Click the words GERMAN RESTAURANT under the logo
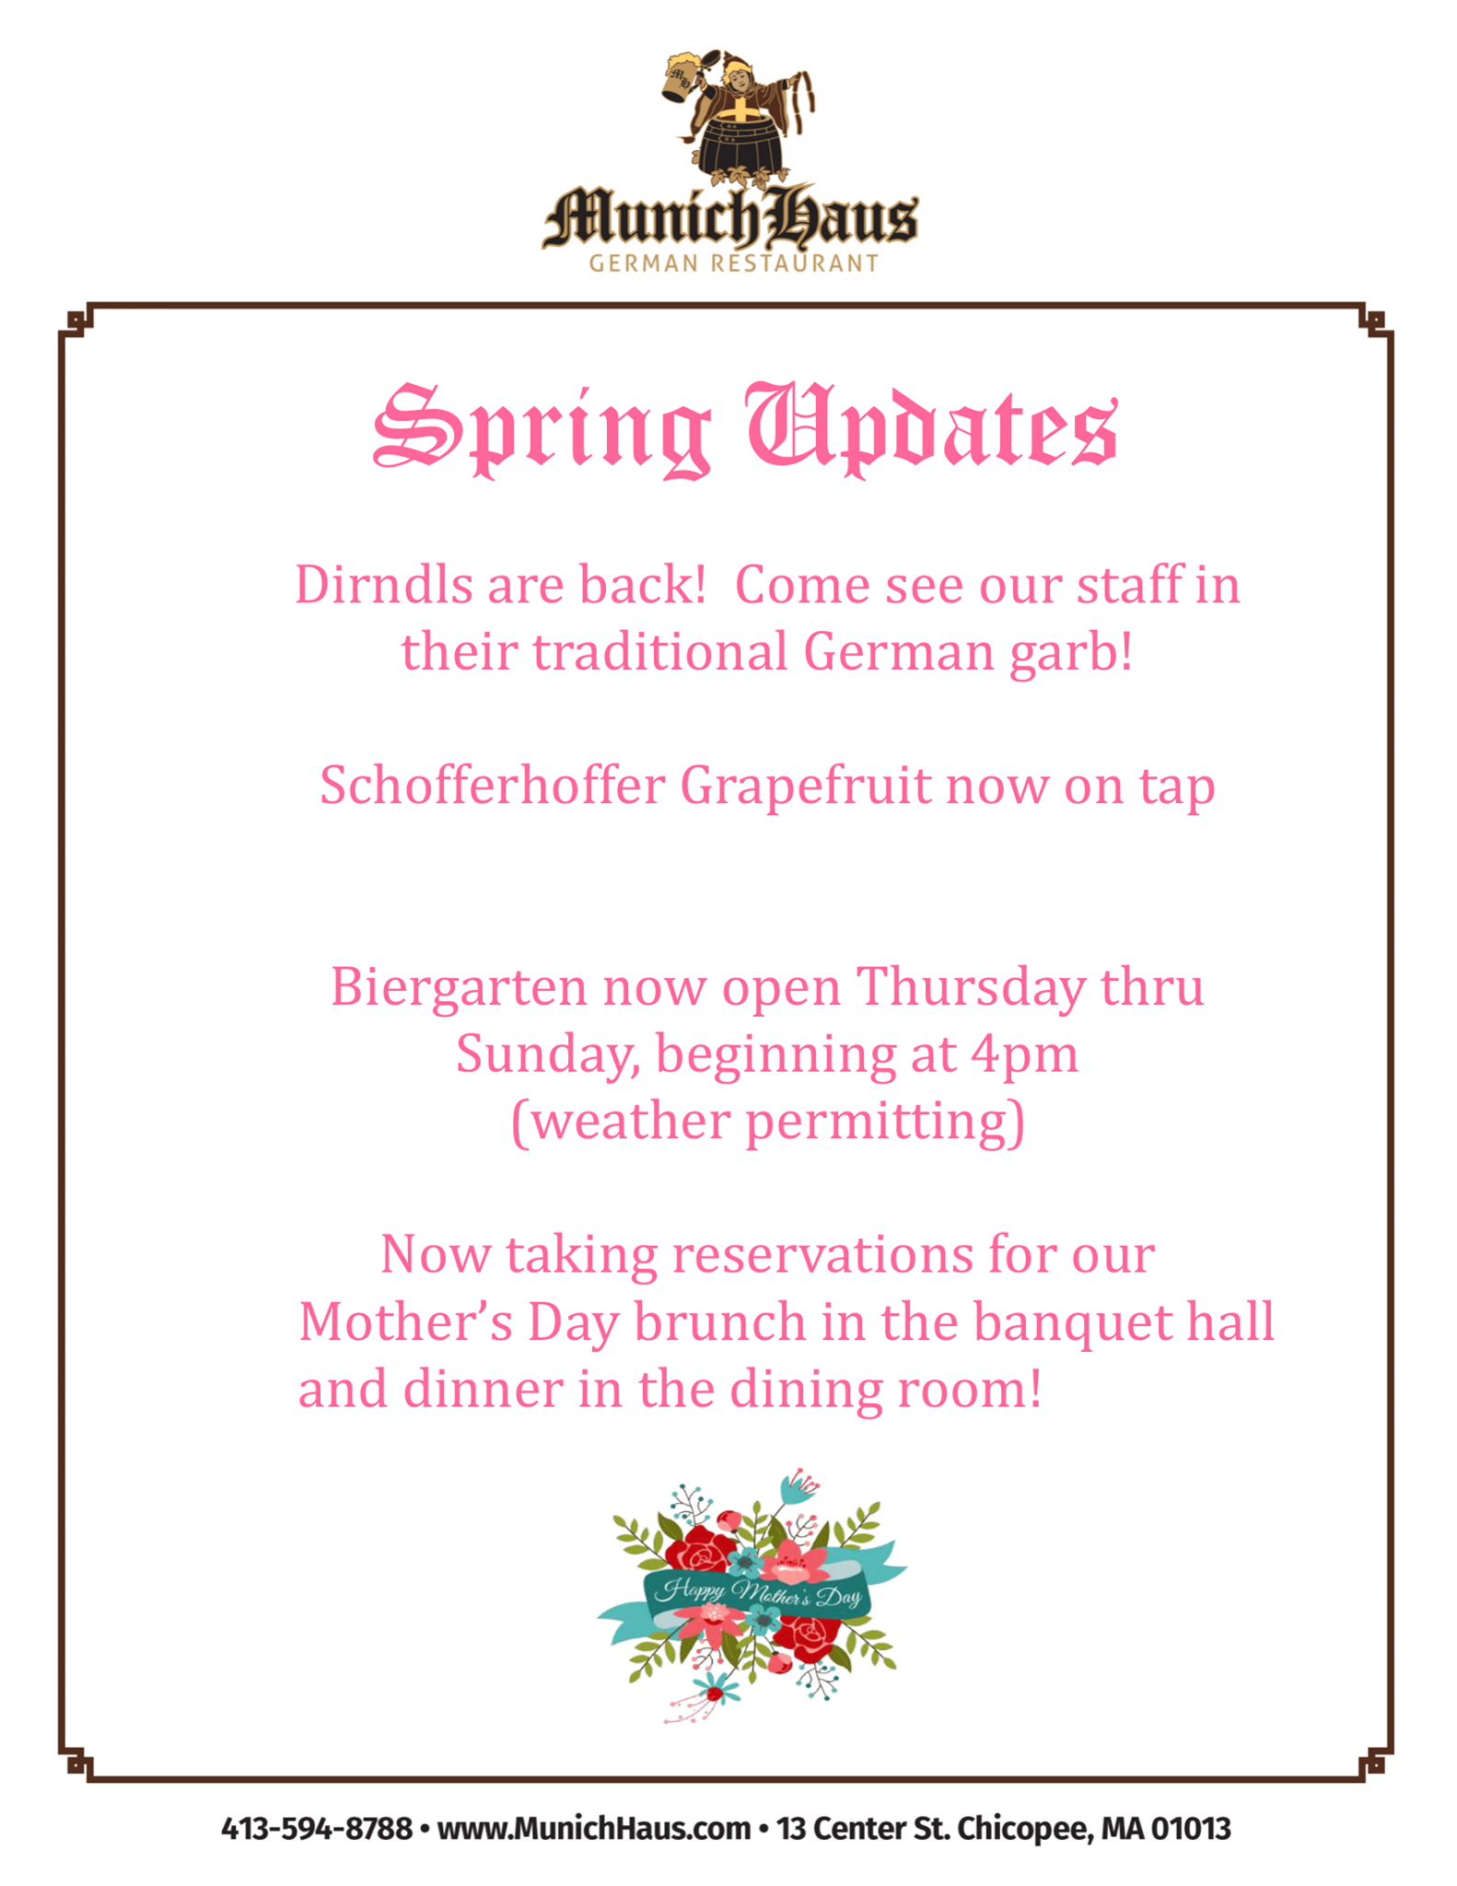tap(734, 263)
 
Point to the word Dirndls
tap(383, 586)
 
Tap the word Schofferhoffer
tap(492, 786)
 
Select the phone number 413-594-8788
tap(317, 1828)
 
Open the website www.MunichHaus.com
tap(594, 1828)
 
